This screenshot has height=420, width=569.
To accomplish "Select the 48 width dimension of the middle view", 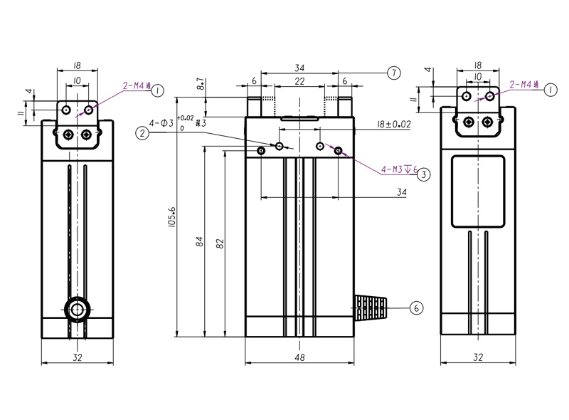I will click(x=299, y=358).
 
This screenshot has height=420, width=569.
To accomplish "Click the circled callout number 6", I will click(x=418, y=308).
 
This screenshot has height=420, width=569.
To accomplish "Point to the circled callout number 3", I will click(x=423, y=174).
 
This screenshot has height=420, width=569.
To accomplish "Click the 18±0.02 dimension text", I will click(x=394, y=124).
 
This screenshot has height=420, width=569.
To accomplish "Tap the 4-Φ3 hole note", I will click(x=162, y=123).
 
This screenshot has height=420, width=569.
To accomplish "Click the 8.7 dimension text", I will click(x=201, y=86).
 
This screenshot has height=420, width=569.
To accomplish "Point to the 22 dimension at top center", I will click(x=299, y=82).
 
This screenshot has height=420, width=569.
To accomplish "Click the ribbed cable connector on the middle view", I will click(x=370, y=308).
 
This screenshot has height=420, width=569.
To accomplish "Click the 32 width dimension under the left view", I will click(x=77, y=358).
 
